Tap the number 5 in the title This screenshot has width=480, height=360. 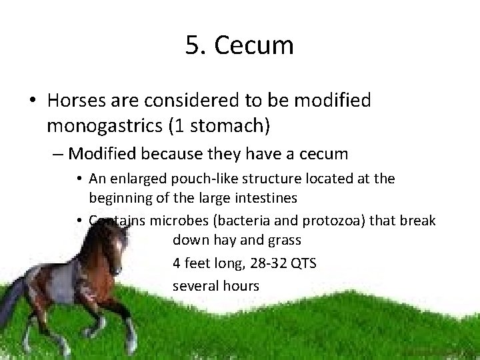(x=193, y=45)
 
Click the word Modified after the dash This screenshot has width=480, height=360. (x=103, y=154)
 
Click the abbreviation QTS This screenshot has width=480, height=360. (x=302, y=263)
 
